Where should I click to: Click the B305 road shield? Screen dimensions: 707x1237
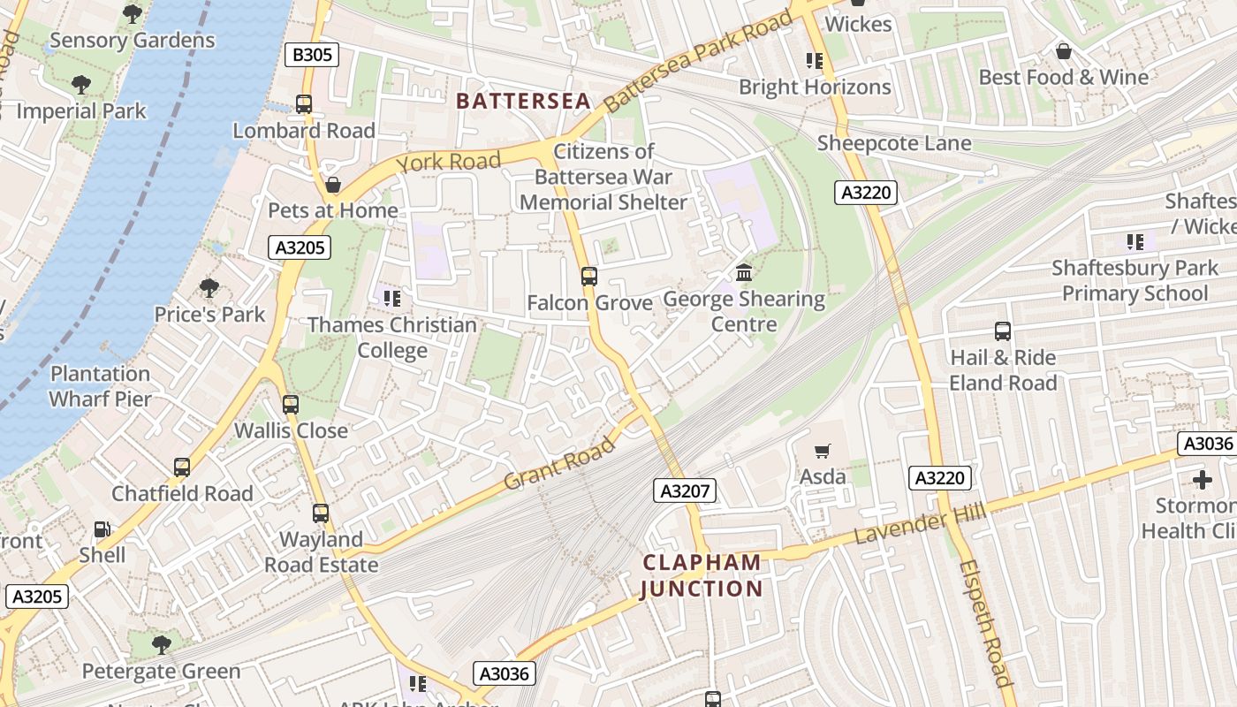pos(313,56)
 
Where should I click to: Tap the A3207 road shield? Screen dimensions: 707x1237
pos(685,490)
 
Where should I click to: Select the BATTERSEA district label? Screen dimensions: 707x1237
pos(523,101)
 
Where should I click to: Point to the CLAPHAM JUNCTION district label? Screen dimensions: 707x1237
pos(702,575)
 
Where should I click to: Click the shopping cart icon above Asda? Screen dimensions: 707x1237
pos(823,452)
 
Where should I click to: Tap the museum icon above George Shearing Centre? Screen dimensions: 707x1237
pos(744,272)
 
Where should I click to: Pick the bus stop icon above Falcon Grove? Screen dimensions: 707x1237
pos(589,277)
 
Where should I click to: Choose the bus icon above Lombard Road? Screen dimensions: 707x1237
pos(304,104)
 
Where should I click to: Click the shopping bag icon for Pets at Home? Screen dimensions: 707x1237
pos(333,185)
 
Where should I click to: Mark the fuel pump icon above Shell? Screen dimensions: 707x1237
pos(102,529)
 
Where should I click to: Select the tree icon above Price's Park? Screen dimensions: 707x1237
pos(209,288)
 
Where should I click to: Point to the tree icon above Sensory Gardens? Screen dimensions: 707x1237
pos(133,14)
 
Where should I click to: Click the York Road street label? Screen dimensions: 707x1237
pos(449,163)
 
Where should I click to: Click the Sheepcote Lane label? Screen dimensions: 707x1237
pos(893,143)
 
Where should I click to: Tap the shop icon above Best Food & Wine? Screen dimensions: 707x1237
pos(1064,51)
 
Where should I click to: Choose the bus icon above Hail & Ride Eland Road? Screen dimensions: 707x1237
pos(1003,331)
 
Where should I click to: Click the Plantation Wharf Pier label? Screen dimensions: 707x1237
pos(100,386)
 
